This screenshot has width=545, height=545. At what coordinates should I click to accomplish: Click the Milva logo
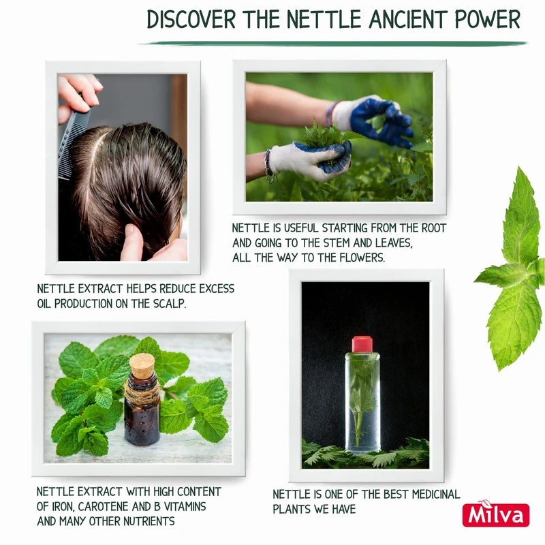click(x=495, y=514)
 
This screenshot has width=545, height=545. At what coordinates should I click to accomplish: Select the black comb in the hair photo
click(x=74, y=140)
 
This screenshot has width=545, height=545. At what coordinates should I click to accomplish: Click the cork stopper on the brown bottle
click(x=142, y=367)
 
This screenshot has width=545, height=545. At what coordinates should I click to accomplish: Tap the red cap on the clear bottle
click(x=362, y=344)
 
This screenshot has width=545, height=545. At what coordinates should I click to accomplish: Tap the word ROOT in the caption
click(x=431, y=228)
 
